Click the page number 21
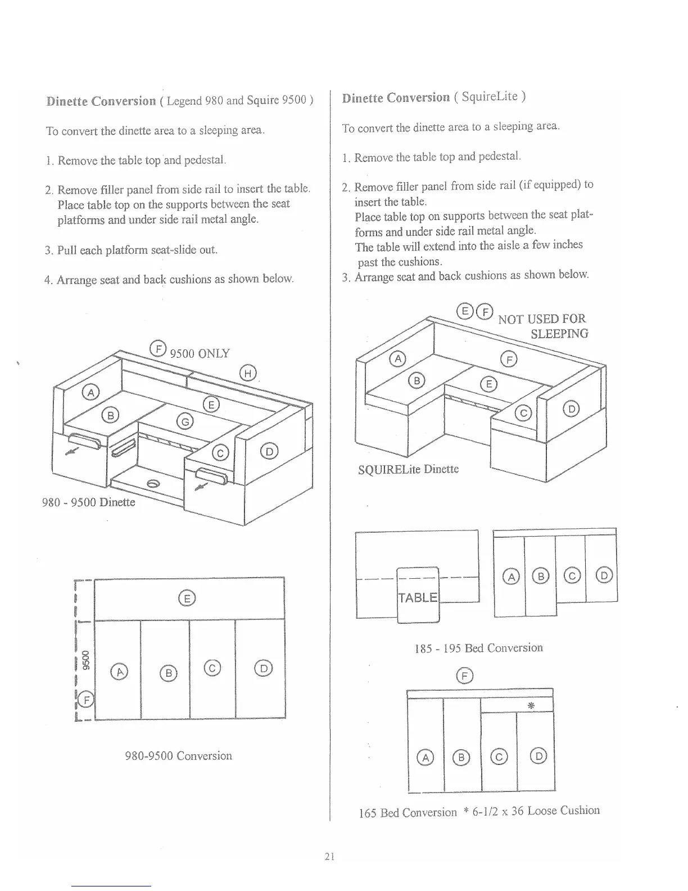point(329,857)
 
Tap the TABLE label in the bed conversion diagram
point(418,597)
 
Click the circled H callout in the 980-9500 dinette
point(248,372)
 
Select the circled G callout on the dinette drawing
point(184,420)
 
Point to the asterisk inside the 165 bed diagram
point(531,705)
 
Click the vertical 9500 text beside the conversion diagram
point(85,661)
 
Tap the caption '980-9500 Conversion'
point(178,755)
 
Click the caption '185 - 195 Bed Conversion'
point(478,647)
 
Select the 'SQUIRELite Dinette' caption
point(408,469)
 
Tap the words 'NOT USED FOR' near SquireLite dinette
point(542,319)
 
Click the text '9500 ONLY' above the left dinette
point(200,353)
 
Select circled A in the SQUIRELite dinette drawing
point(397,358)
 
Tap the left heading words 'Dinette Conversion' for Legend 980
point(101,101)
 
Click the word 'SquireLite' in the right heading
point(490,96)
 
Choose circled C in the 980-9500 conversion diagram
point(212,668)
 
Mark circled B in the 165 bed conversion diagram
point(461,757)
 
